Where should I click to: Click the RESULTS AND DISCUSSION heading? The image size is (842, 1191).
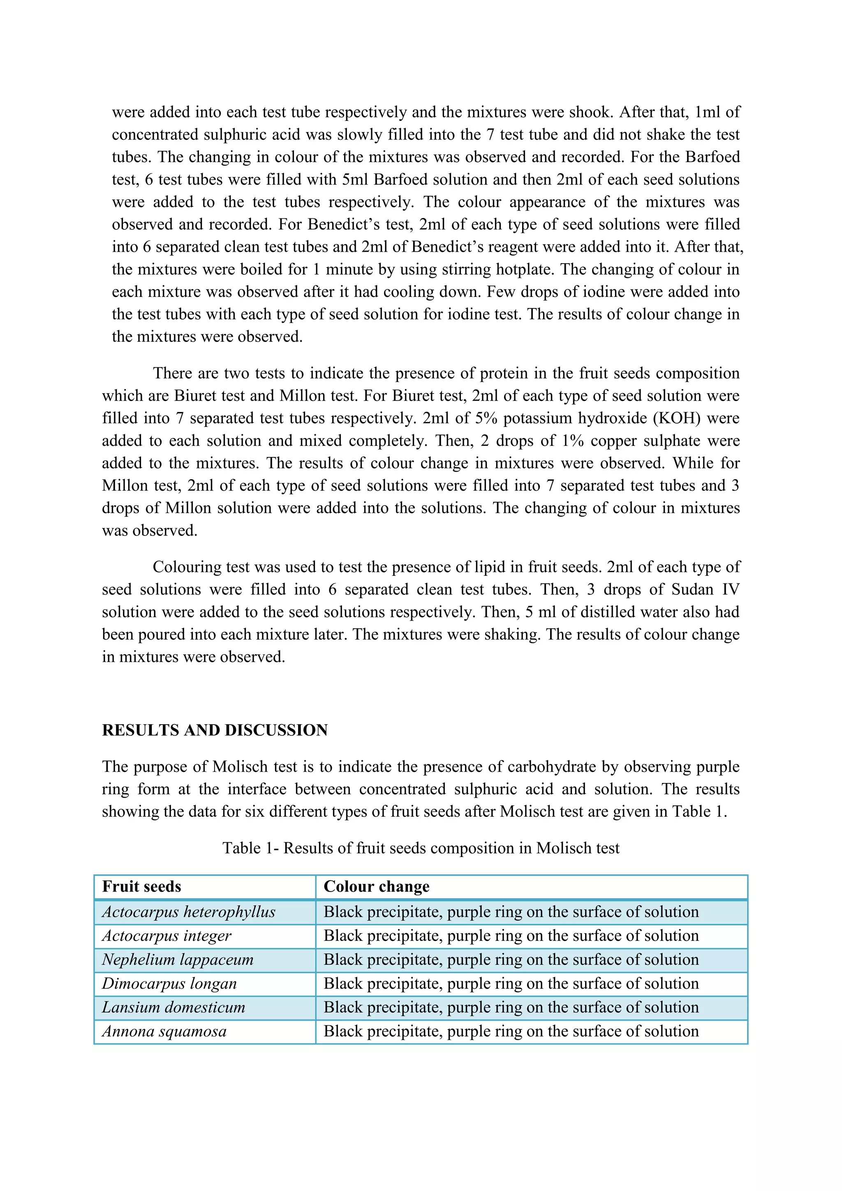click(215, 730)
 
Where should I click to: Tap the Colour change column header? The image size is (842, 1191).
click(377, 887)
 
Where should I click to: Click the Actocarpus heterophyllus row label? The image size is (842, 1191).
click(189, 912)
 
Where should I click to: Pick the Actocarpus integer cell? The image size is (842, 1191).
click(167, 936)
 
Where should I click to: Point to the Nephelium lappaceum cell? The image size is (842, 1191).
click(178, 959)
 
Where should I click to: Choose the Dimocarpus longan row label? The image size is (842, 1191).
click(169, 983)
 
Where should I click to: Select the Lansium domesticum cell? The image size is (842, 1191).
click(173, 1007)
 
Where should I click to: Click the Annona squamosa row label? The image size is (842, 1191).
click(164, 1031)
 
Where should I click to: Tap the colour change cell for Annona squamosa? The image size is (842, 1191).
click(511, 1031)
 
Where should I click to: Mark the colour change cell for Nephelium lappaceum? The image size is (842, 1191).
click(511, 959)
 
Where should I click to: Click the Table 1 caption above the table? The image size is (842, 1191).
click(421, 848)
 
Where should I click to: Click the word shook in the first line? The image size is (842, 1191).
click(590, 112)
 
